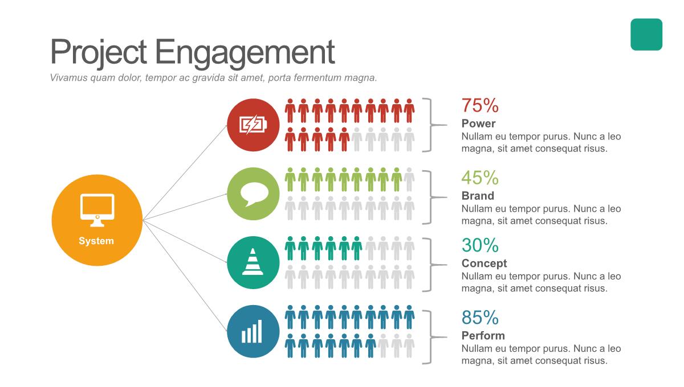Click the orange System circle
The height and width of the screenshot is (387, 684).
tap(97, 220)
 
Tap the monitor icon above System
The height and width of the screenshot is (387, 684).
tap(97, 210)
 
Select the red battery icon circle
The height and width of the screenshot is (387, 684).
tap(253, 125)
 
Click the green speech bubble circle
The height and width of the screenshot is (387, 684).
tap(253, 193)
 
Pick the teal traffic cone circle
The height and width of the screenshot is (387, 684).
tap(253, 262)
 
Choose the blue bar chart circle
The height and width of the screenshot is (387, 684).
tap(253, 331)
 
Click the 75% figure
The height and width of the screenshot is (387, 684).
tap(480, 105)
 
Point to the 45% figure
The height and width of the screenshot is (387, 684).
tap(480, 178)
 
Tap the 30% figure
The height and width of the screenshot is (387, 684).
tap(480, 245)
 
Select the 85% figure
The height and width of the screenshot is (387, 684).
tap(480, 318)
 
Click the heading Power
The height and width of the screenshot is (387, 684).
tap(478, 123)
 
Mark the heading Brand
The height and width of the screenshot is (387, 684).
tap(478, 196)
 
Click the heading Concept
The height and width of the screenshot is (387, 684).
tap(484, 264)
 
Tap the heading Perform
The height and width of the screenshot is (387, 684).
tap(483, 336)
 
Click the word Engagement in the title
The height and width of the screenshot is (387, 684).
tap(245, 53)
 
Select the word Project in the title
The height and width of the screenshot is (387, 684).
tap(98, 53)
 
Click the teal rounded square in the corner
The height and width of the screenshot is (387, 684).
tap(646, 35)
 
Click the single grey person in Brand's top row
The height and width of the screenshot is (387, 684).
tap(409, 179)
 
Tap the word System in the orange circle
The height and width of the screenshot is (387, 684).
tap(96, 241)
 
